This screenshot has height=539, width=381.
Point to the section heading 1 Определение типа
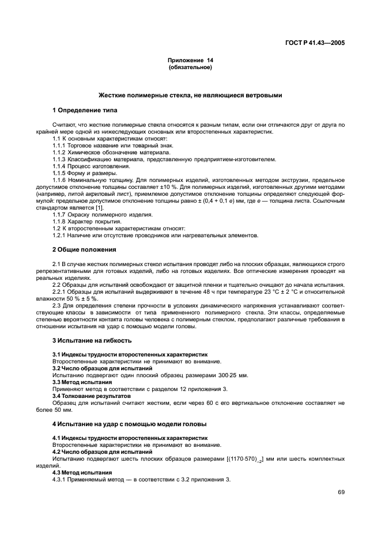[x=85, y=109]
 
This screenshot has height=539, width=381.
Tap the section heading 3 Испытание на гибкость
[x=88, y=340]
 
